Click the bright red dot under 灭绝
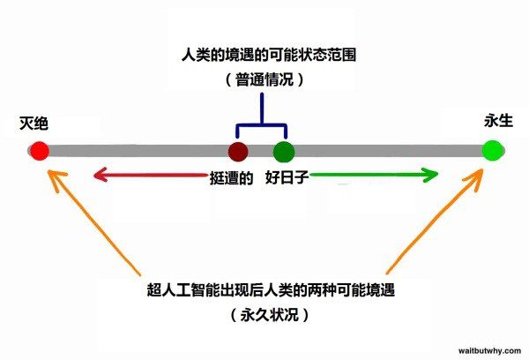pyautogui.click(x=39, y=150)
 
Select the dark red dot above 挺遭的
pyautogui.click(x=237, y=150)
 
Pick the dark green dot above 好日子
pyautogui.click(x=282, y=150)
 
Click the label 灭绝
pyautogui.click(x=33, y=123)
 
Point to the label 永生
pyautogui.click(x=496, y=123)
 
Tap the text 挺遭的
pyautogui.click(x=233, y=177)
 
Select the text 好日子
pyautogui.click(x=286, y=177)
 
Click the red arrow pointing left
pyautogui.click(x=150, y=176)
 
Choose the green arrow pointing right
pyautogui.click(x=375, y=176)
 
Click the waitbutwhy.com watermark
pyautogui.click(x=489, y=349)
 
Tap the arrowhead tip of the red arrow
pyautogui.click(x=93, y=176)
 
